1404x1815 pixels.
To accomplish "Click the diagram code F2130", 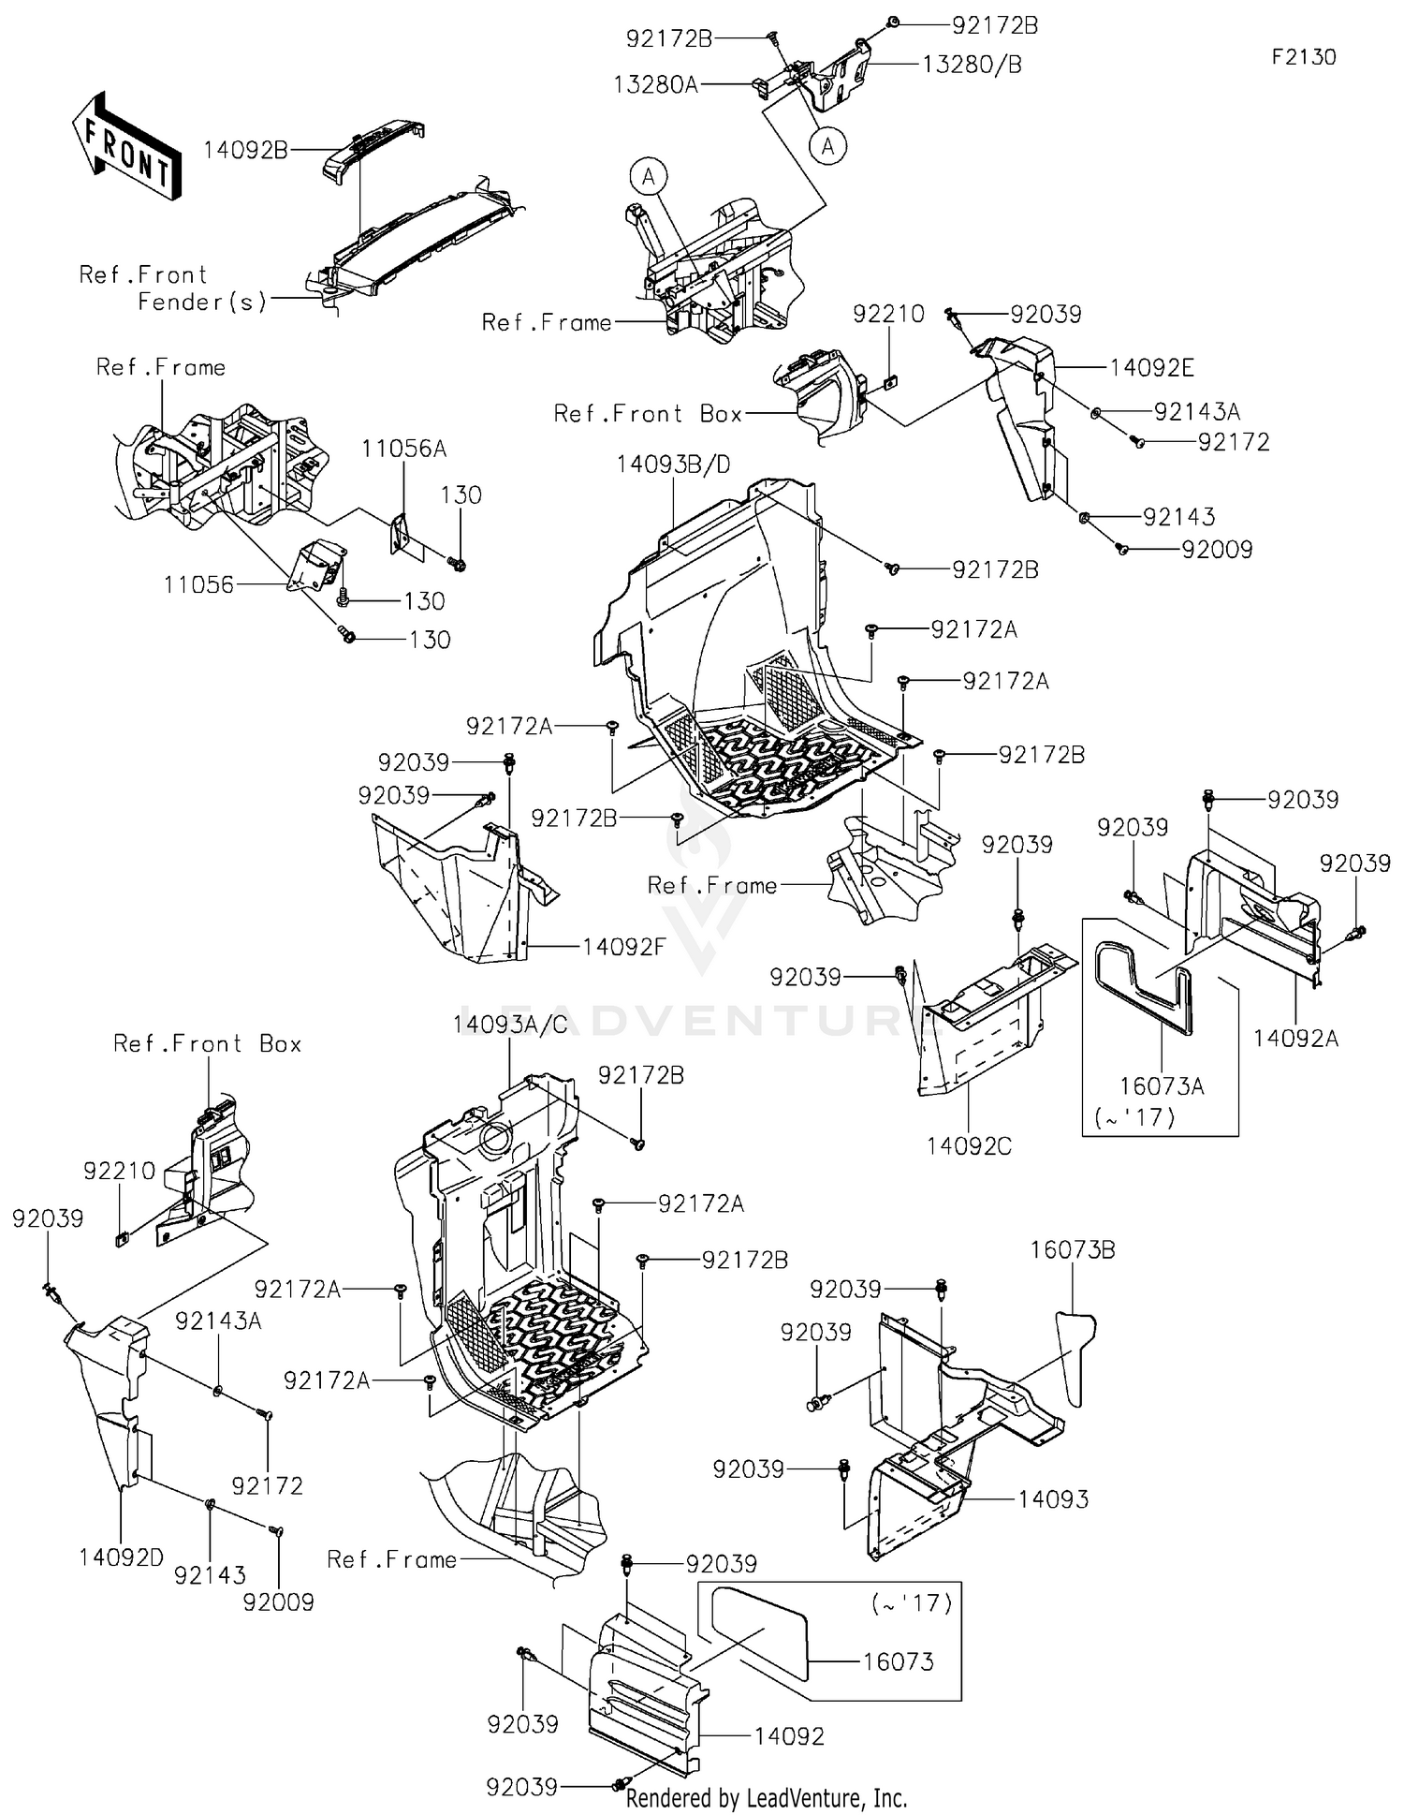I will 1303,57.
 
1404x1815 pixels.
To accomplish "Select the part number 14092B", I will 245,150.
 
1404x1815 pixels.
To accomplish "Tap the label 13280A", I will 656,85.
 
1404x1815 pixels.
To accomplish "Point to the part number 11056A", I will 403,449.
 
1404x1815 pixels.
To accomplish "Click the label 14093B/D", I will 674,465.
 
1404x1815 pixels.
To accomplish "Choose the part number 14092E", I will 1151,368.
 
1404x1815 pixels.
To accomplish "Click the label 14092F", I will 624,947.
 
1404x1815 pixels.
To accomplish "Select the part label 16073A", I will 1162,1086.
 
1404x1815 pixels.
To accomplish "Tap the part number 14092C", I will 969,1145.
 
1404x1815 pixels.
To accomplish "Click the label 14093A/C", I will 510,1025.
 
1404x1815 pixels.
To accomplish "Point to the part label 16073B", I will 1073,1249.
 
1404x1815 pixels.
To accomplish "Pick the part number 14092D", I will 122,1557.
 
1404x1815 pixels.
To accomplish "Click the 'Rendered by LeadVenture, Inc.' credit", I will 766,1798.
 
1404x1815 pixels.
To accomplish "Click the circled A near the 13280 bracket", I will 827,145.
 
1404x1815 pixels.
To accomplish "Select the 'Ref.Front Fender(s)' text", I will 173,288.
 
